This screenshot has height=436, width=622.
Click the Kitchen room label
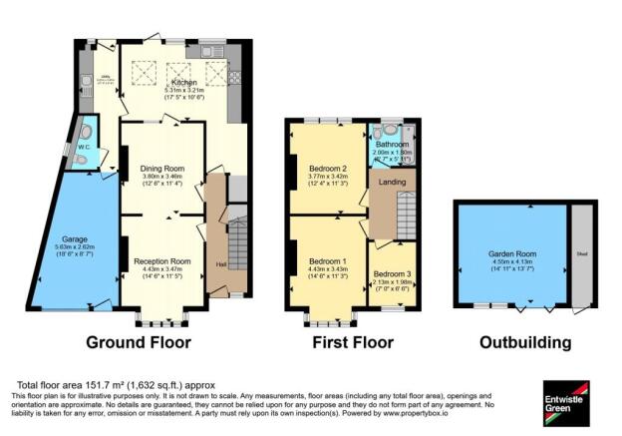point(182,82)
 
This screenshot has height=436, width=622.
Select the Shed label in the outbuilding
point(581,253)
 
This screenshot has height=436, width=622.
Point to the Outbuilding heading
point(525,342)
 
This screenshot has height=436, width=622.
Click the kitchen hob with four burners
point(236,77)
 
